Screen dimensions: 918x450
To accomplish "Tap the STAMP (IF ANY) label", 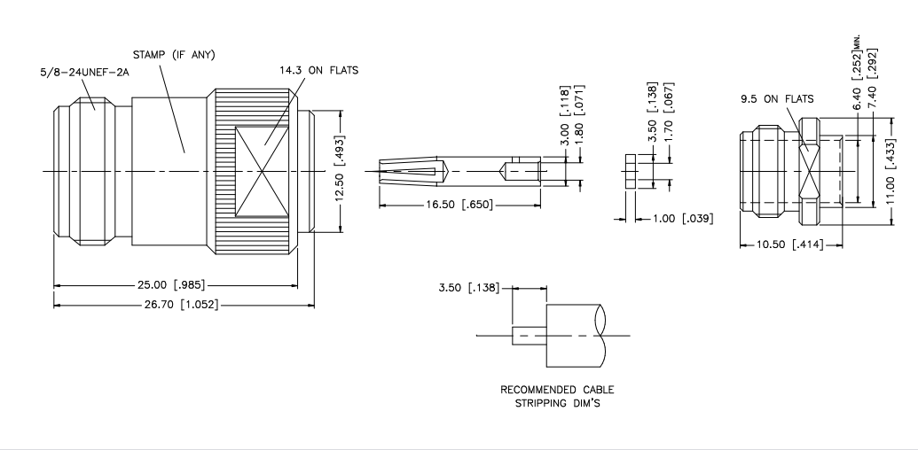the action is click(x=174, y=55).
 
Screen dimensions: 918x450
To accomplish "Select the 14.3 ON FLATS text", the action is click(x=318, y=70).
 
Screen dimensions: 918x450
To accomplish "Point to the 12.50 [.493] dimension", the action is click(x=340, y=169).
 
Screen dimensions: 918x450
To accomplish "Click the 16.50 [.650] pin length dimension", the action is click(x=459, y=205).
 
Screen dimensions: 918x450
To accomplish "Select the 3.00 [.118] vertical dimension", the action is click(x=565, y=116).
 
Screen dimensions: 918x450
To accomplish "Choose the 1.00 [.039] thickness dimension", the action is click(x=683, y=219).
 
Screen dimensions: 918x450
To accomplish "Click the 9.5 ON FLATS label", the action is click(x=777, y=99).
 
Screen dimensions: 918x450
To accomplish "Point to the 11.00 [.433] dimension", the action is click(x=891, y=171).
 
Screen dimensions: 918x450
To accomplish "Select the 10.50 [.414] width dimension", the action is click(x=789, y=244).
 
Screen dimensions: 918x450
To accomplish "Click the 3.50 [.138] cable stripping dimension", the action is click(x=469, y=288).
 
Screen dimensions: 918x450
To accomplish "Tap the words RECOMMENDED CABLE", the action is click(x=557, y=390).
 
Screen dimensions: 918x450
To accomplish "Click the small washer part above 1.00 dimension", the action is click(x=630, y=171).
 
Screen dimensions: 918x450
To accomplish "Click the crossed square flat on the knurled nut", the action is click(x=262, y=171).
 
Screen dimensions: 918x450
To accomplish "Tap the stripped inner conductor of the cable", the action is click(x=530, y=336).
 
